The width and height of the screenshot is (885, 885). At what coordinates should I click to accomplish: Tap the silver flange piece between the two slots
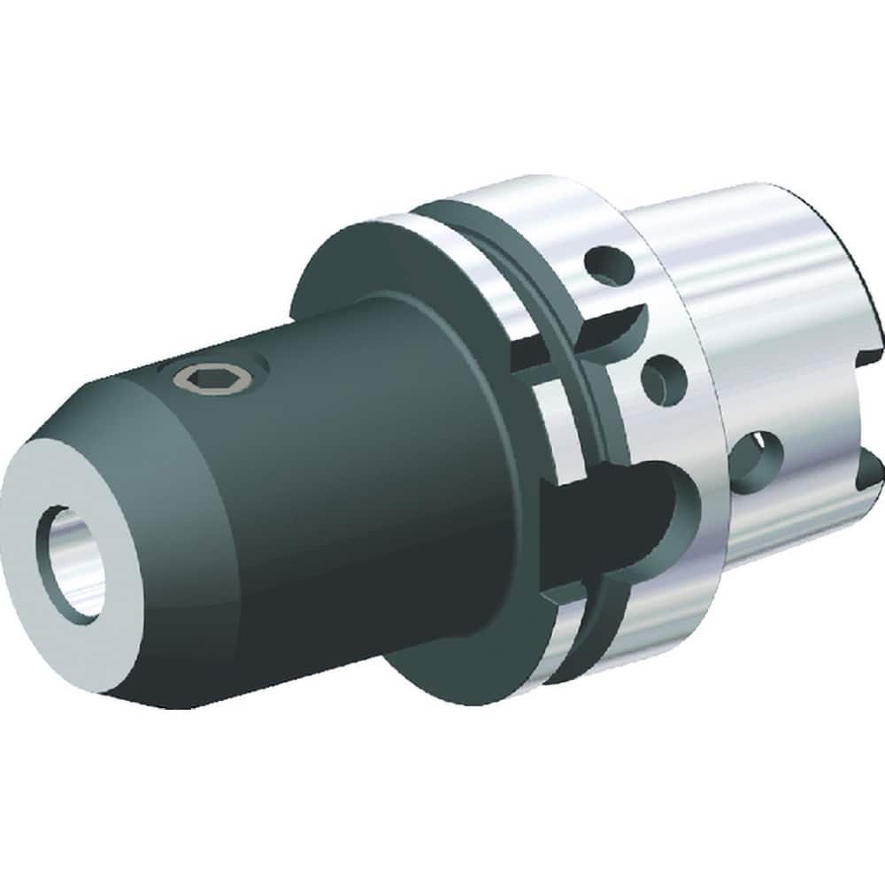[566, 416]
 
